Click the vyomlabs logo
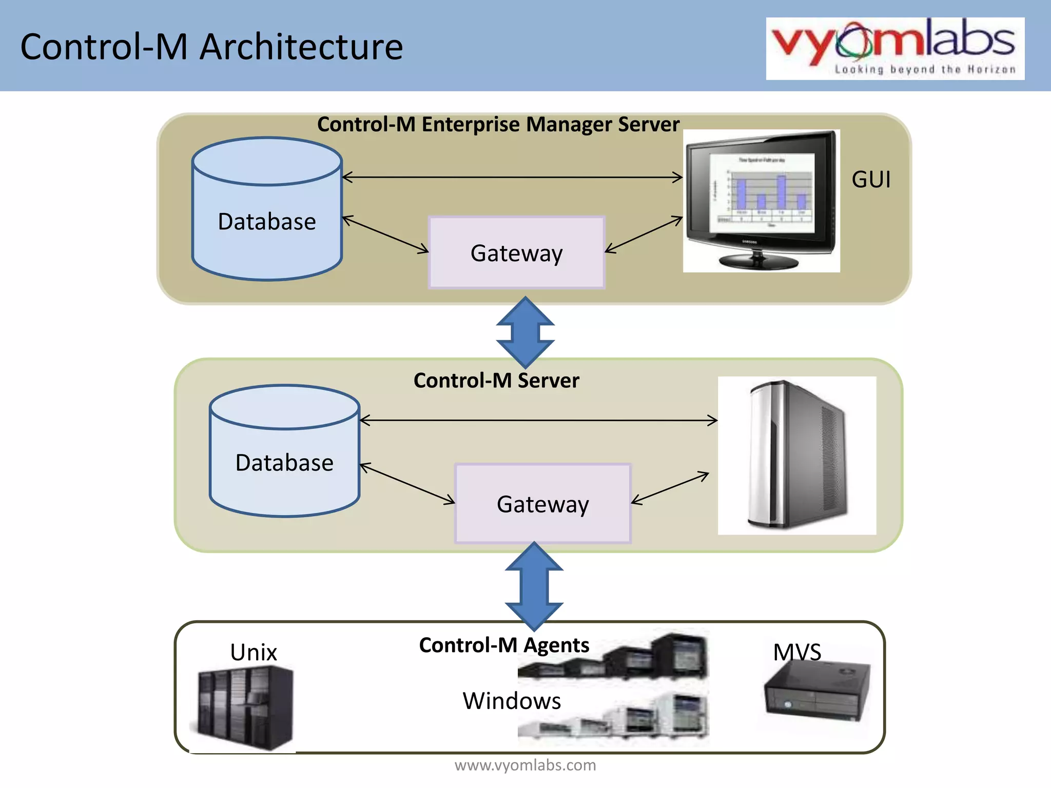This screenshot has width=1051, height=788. pos(894,48)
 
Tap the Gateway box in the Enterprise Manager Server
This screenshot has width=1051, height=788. pos(516,252)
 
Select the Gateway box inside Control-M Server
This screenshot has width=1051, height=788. pos(542,504)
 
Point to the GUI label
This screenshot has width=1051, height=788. pos(871,180)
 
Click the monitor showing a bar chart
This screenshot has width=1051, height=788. pos(762,200)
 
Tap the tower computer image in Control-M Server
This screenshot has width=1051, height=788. pos(796,456)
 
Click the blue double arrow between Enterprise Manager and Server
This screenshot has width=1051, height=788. pos(525,332)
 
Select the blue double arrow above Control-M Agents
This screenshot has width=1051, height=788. pos(534,586)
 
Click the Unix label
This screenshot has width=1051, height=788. pos(253,653)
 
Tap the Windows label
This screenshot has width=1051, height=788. pos(512,701)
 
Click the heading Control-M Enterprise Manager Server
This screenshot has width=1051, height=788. pos(498,125)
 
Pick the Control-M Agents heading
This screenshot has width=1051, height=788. pos(504,645)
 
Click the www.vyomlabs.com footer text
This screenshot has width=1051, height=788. pos(525,765)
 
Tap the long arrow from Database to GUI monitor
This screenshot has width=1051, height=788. pos(513,178)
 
